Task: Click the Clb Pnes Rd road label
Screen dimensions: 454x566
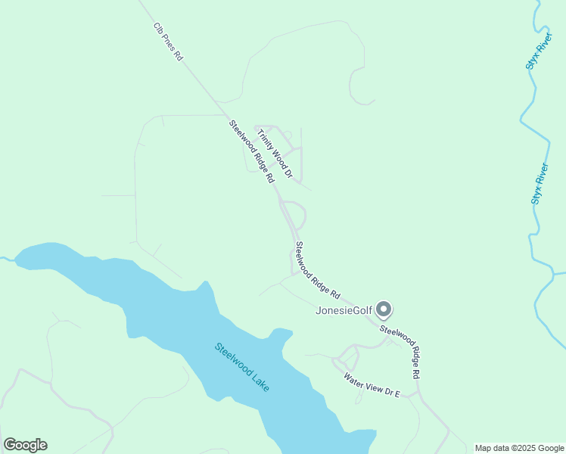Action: click(168, 42)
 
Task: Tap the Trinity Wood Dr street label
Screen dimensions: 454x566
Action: click(275, 154)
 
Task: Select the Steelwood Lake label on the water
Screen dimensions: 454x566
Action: click(241, 367)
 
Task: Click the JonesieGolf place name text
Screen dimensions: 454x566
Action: click(344, 310)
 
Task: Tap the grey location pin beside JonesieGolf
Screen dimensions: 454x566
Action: click(384, 309)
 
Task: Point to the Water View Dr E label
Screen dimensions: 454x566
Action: click(371, 384)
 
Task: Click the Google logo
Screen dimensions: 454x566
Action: click(25, 445)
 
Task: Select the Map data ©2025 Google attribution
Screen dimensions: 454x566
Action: click(519, 448)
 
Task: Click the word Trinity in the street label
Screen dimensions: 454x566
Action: click(264, 139)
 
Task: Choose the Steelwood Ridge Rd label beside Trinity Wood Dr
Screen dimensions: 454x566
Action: click(251, 152)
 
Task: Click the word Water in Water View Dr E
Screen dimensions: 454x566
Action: click(354, 378)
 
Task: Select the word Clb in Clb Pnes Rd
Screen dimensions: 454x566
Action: click(158, 29)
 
